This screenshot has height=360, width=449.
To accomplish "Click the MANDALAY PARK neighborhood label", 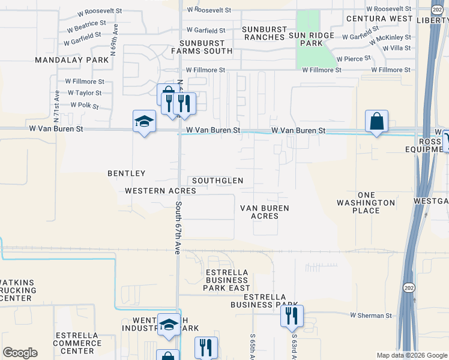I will click(72, 60).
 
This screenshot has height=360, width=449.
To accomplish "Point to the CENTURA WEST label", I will click(379, 19).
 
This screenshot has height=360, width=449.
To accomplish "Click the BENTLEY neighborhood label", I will click(127, 173).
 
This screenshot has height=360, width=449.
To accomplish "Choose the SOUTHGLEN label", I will click(218, 181).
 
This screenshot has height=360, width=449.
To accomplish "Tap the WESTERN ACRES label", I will click(161, 191).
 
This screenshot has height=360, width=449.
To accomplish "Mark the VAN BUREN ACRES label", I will click(265, 212).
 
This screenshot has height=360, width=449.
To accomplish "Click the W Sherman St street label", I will click(371, 315).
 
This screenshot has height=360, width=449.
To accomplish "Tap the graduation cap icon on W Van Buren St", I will click(144, 121).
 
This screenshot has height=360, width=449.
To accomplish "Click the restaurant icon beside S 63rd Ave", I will click(292, 316).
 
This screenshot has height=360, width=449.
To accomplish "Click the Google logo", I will click(20, 353).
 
